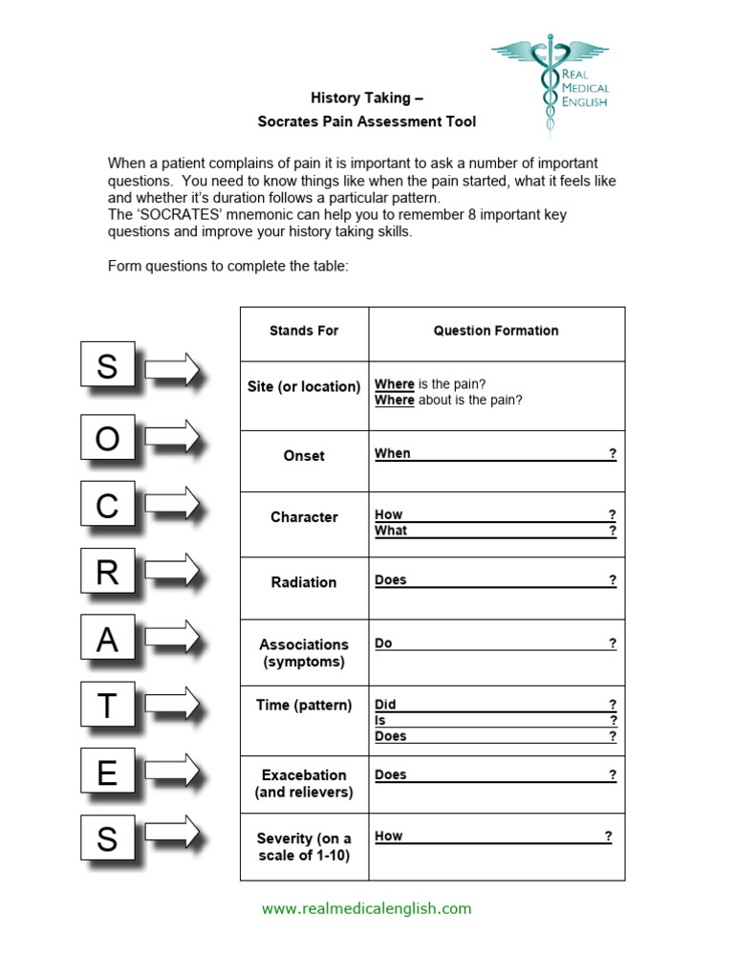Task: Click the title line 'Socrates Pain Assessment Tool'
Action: [366, 121]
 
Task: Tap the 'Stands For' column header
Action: [304, 331]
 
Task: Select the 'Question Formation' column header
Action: [496, 331]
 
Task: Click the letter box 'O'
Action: [107, 439]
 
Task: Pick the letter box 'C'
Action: [107, 506]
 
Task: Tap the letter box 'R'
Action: [107, 573]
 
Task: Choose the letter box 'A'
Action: [107, 640]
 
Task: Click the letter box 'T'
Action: [107, 707]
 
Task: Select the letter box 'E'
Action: [107, 772]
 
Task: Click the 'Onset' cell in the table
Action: [304, 456]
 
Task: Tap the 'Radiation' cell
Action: [304, 582]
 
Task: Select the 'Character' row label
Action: [304, 517]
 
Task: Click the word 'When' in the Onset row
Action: [392, 454]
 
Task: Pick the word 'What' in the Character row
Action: [391, 531]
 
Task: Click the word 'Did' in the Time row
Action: [385, 705]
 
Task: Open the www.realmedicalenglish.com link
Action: [366, 909]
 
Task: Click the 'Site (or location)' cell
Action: [304, 387]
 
